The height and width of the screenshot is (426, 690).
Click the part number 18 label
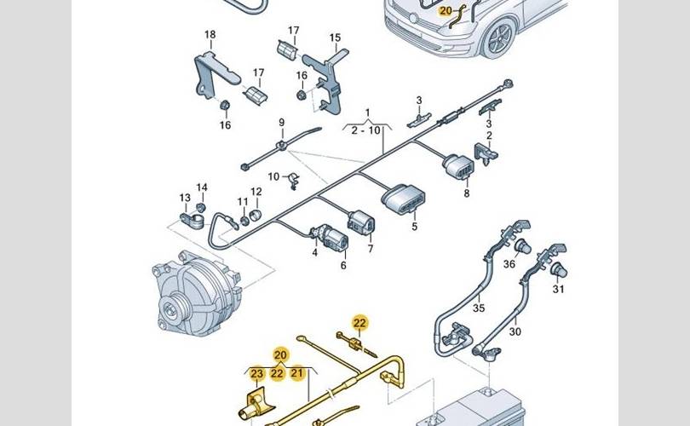(210, 35)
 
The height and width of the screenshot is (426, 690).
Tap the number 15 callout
(335, 37)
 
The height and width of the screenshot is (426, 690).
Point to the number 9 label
(281, 123)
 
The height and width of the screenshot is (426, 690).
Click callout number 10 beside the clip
(274, 176)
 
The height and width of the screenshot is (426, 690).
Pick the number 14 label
(202, 187)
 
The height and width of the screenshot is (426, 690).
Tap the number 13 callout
(185, 198)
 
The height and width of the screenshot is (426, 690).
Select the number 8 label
(466, 193)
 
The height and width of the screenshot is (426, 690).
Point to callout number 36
(509, 264)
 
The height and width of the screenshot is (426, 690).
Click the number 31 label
(558, 290)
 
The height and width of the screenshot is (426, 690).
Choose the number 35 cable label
(479, 308)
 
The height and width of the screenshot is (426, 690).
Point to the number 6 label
(343, 265)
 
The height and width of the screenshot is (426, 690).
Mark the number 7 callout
(371, 249)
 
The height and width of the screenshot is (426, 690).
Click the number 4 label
(314, 251)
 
